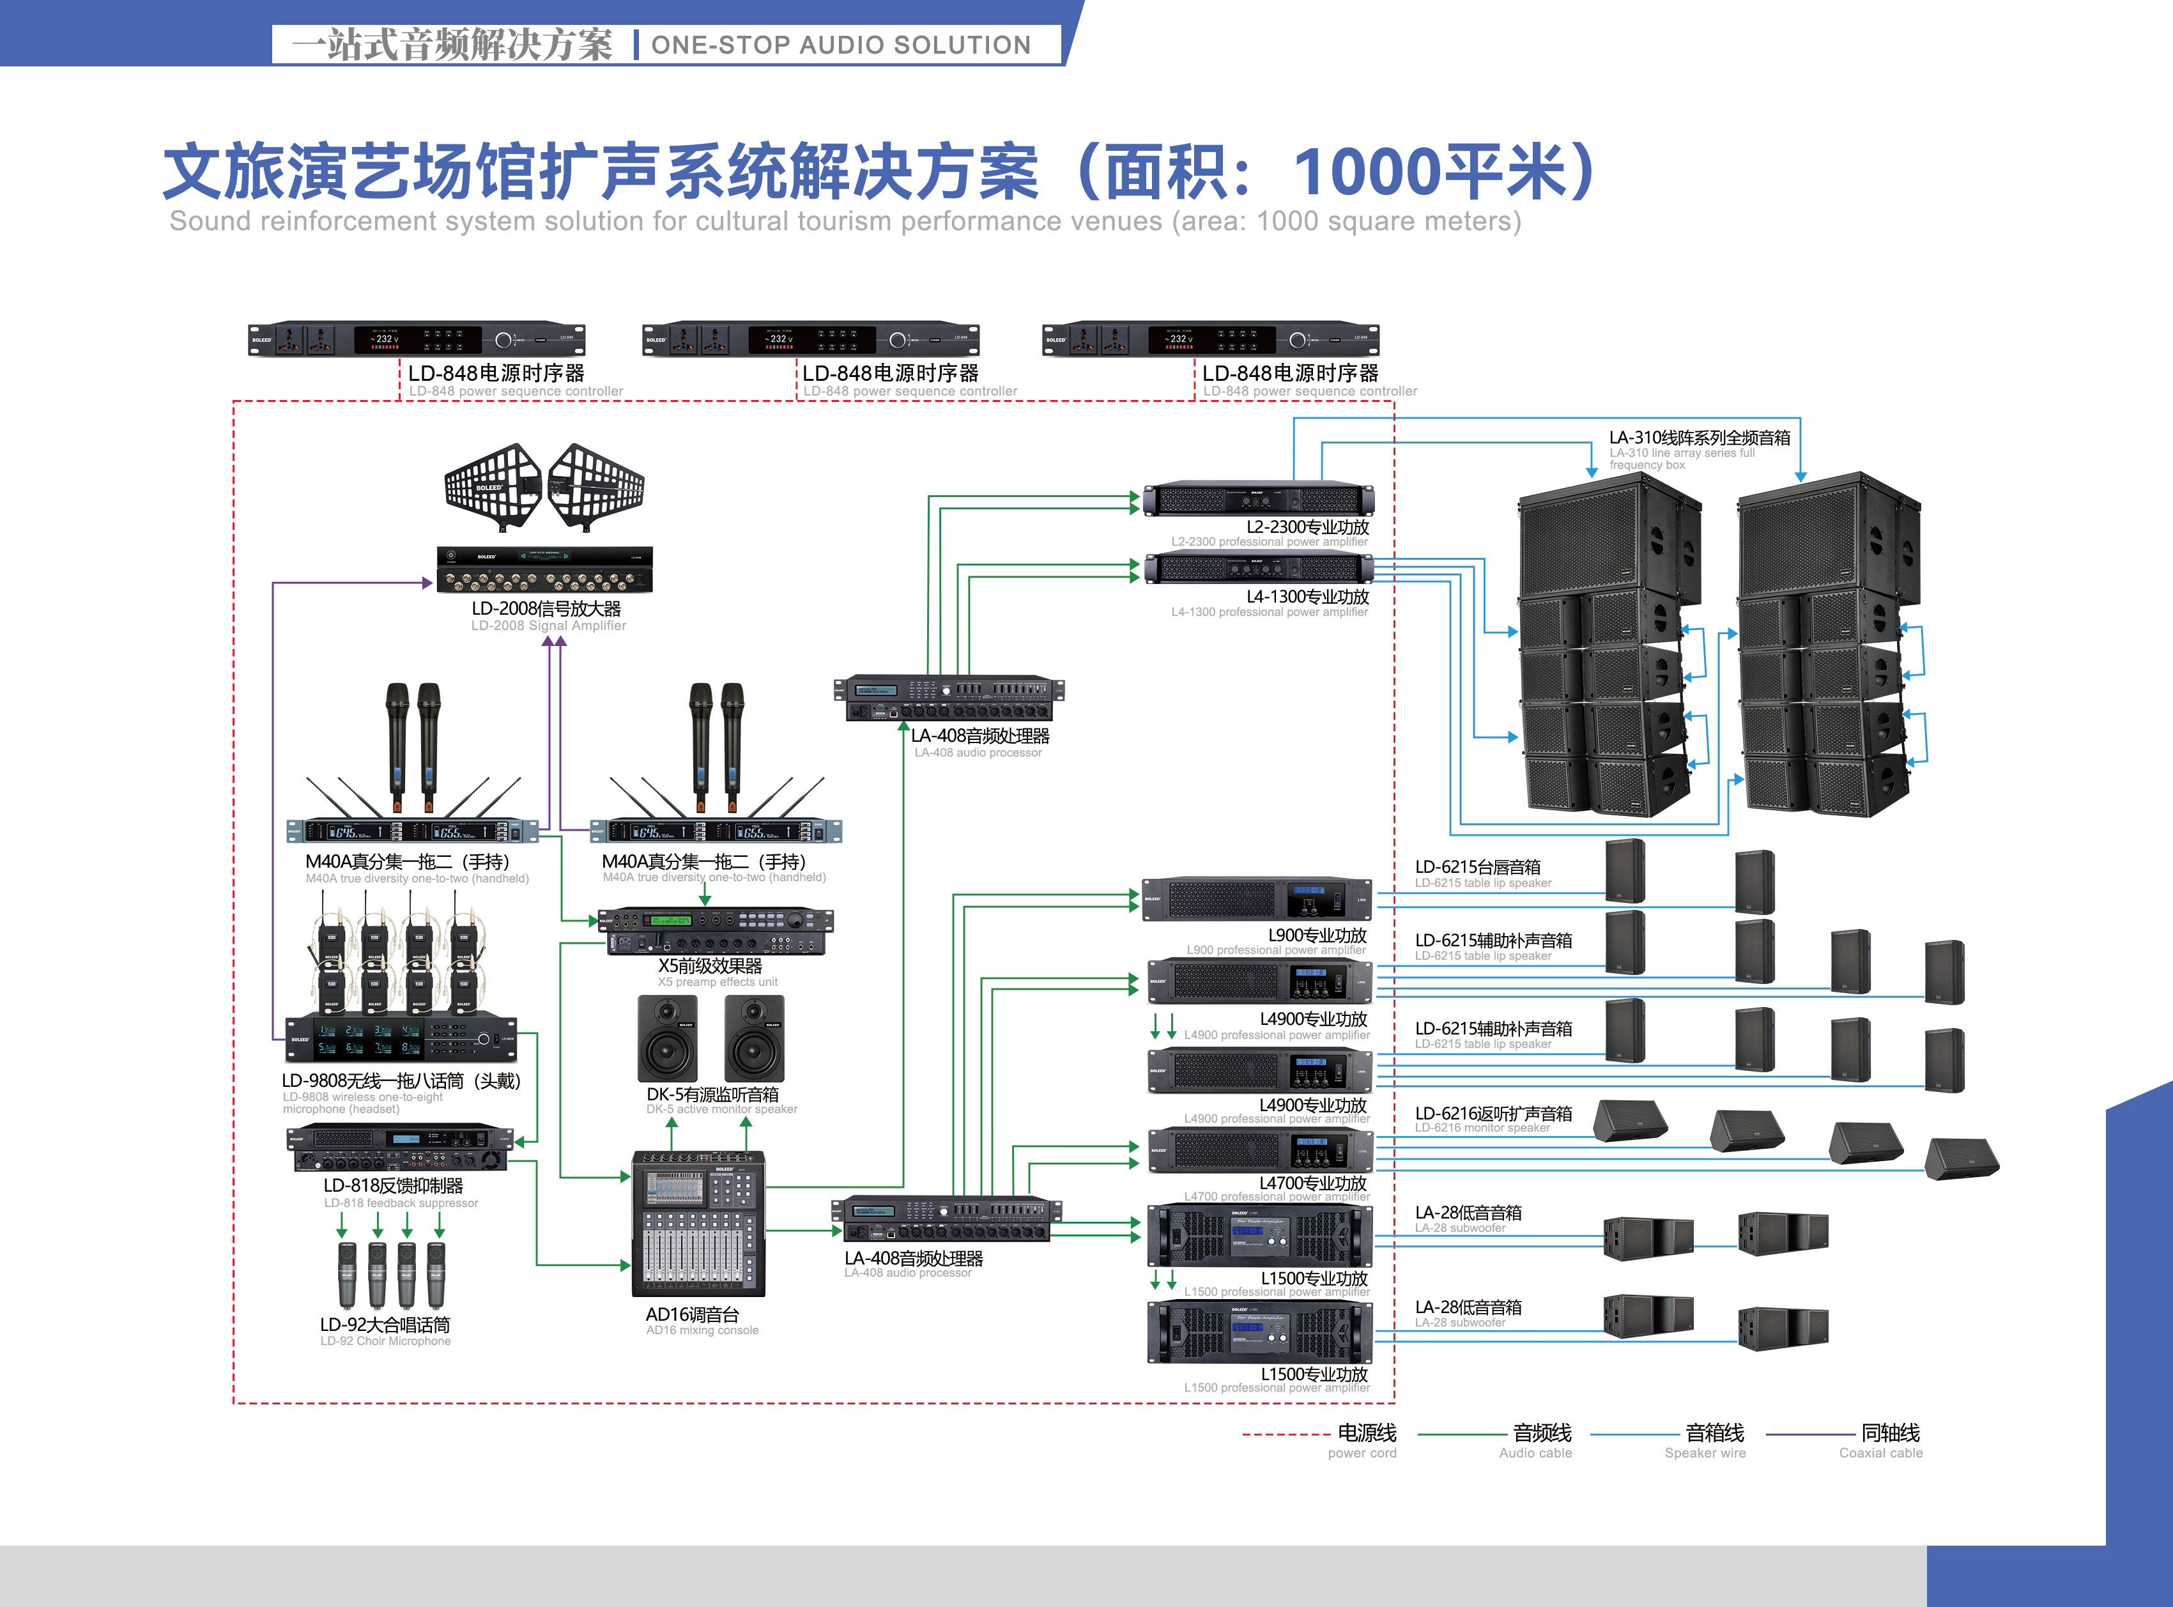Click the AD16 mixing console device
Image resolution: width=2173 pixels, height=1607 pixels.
pos(698,1223)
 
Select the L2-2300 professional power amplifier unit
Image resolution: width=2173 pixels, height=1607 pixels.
pos(1257,500)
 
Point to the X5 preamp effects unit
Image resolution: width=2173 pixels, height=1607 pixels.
pos(715,931)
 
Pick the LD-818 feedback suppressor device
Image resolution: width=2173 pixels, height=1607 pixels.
pos(399,1149)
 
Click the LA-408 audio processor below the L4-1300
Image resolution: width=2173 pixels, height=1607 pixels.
pos(948,698)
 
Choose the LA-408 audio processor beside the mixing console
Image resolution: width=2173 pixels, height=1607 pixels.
pos(946,1220)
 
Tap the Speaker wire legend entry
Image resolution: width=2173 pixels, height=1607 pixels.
pos(1714,1433)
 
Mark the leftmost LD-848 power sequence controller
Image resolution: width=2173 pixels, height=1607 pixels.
pos(417,339)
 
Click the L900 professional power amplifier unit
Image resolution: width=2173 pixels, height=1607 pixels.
pos(1257,900)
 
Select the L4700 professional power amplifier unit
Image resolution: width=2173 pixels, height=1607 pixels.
pos(1259,1151)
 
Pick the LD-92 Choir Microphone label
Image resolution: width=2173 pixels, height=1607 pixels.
pos(385,1326)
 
